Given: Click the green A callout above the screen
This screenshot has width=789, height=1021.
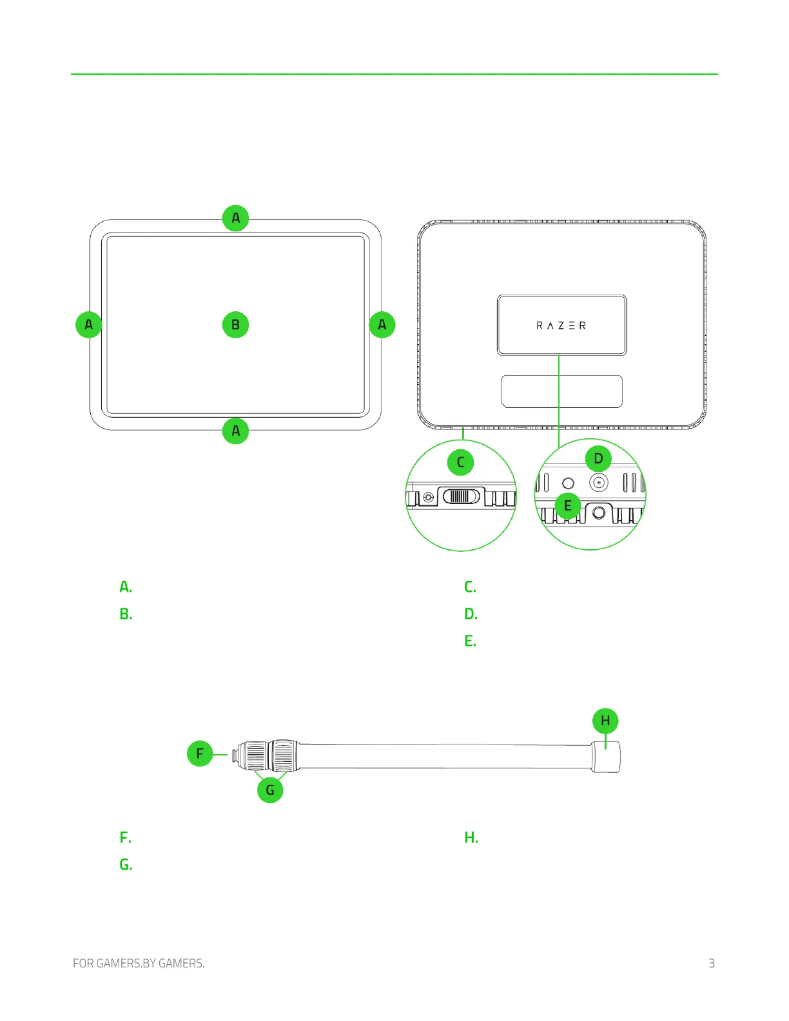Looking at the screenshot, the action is pyautogui.click(x=236, y=218).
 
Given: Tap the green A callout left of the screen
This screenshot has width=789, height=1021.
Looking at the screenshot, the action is pyautogui.click(x=89, y=324).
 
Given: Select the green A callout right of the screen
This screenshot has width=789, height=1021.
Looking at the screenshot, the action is pyautogui.click(x=382, y=324).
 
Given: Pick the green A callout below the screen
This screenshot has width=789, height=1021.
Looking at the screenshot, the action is pyautogui.click(x=236, y=431).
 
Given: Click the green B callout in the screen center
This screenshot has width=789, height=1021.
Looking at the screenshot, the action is pyautogui.click(x=236, y=324).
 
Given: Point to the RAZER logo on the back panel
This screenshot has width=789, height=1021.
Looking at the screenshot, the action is pyautogui.click(x=561, y=326).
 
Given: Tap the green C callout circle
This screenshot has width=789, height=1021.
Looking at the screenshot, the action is pyautogui.click(x=460, y=462).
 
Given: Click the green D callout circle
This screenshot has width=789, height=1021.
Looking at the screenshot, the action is pyautogui.click(x=598, y=458).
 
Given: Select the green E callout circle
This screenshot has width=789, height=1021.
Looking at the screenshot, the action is pyautogui.click(x=568, y=505).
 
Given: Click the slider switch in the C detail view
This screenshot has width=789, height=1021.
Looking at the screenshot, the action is pyautogui.click(x=462, y=496).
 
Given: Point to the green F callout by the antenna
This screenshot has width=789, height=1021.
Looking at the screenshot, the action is pyautogui.click(x=200, y=754).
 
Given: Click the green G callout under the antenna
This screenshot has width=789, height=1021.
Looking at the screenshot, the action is pyautogui.click(x=270, y=790).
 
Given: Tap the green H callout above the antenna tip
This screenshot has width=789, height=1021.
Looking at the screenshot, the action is pyautogui.click(x=605, y=721).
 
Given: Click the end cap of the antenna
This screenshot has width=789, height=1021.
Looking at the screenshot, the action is pyautogui.click(x=607, y=757).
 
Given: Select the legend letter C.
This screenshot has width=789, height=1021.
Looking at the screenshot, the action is pyautogui.click(x=470, y=587).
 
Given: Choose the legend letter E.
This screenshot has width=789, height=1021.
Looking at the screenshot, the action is pyautogui.click(x=470, y=641).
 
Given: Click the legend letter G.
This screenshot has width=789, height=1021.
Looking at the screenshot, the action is pyautogui.click(x=126, y=864).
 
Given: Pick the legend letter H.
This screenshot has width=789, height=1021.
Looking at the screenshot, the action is pyautogui.click(x=471, y=837).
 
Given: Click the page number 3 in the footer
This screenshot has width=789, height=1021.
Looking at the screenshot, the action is pyautogui.click(x=712, y=963).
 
